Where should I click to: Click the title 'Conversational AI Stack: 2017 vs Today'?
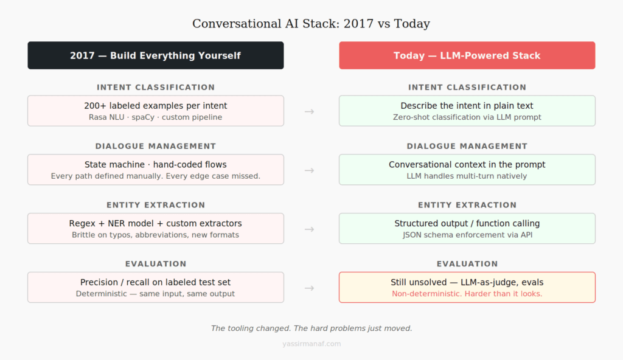pyautogui.click(x=311, y=24)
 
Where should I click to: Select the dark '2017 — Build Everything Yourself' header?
pyautogui.click(x=155, y=55)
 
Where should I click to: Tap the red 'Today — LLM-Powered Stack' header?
pyautogui.click(x=467, y=55)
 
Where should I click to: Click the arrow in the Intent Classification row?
pyautogui.click(x=309, y=111)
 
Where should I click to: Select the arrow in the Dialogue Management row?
pyautogui.click(x=309, y=170)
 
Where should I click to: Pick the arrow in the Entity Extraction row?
pyautogui.click(x=309, y=229)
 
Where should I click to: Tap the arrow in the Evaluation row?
pyautogui.click(x=309, y=288)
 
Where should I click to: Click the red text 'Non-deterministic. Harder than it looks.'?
pyautogui.click(x=467, y=294)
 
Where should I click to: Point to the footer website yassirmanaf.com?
pyautogui.click(x=311, y=344)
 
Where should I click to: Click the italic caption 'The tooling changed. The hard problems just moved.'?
pyautogui.click(x=311, y=328)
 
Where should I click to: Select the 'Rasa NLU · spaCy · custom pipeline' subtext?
pyautogui.click(x=155, y=117)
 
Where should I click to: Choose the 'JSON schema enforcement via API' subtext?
pyautogui.click(x=467, y=235)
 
